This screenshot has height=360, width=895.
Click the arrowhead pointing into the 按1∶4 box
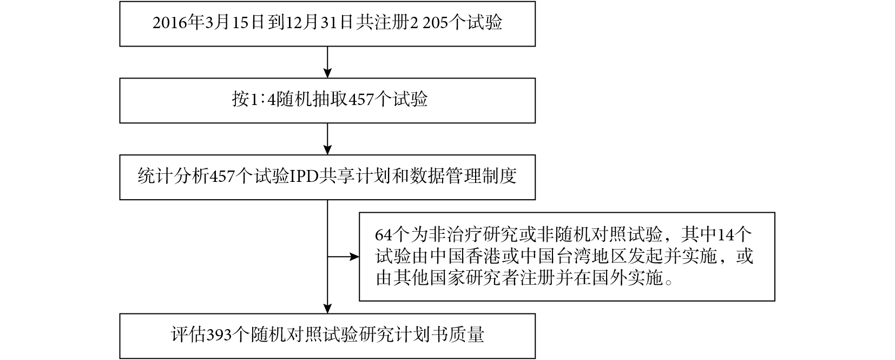tap(327, 74)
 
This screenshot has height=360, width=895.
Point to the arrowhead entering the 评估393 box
tap(327, 309)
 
